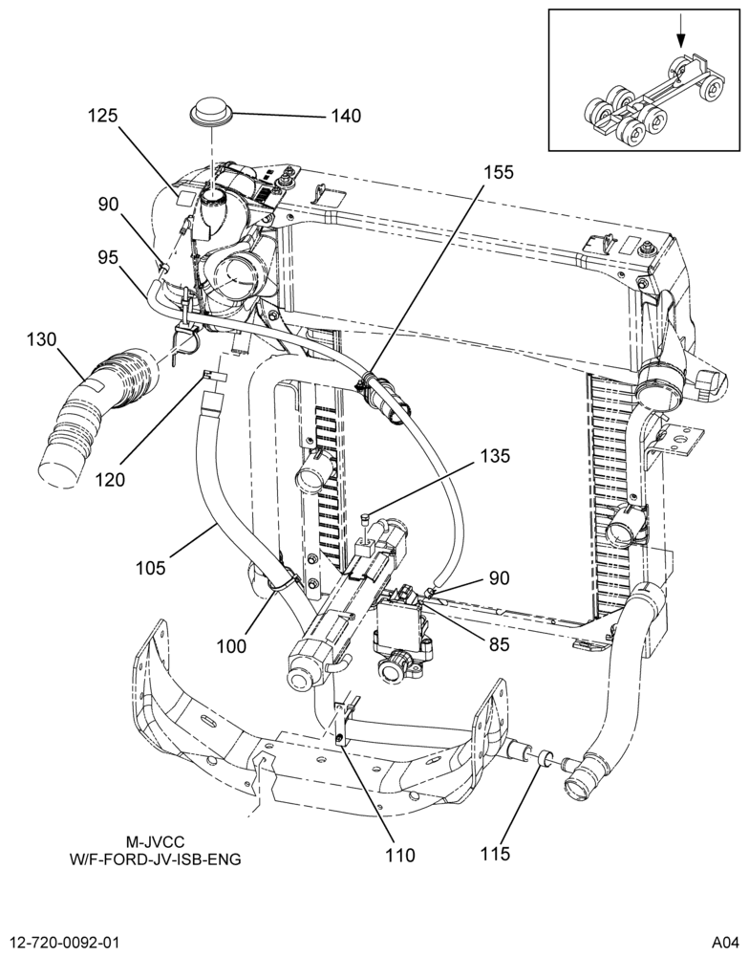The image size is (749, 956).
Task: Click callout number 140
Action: coord(346,116)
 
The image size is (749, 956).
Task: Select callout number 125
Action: coord(102,116)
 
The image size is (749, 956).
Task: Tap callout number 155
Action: coord(499,172)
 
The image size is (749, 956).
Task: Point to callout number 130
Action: coord(41,339)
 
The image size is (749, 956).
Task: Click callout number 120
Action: coord(110,480)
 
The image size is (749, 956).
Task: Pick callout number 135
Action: coord(495,456)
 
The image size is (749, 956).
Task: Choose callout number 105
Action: coord(150,568)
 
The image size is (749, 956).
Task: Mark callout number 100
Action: coord(231,645)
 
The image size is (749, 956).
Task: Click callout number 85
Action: coord(499,643)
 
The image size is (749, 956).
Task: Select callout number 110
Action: coord(399,856)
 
